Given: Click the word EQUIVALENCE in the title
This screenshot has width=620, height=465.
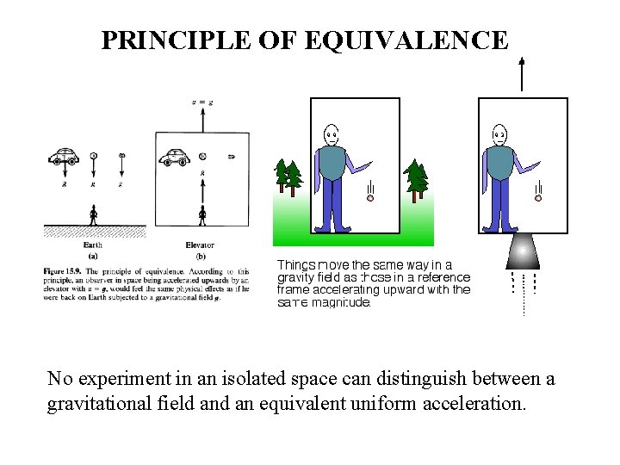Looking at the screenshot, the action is click(x=412, y=40).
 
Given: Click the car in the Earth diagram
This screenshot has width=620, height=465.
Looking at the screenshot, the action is click(x=64, y=157).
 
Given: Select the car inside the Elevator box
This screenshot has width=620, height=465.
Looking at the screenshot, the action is click(x=175, y=157).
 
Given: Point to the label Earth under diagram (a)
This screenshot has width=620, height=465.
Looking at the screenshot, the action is click(x=93, y=245).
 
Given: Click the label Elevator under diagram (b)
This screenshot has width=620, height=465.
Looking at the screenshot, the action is click(x=200, y=245).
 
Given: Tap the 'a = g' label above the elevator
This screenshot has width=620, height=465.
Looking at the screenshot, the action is click(x=202, y=102).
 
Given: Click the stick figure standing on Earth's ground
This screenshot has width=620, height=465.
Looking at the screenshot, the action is click(x=93, y=214).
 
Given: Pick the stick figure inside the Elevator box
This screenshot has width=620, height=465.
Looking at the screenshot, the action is click(x=202, y=214).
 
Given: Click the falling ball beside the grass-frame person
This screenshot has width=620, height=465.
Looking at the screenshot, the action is click(x=370, y=198).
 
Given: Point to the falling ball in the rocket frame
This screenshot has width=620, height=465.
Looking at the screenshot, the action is click(x=537, y=198).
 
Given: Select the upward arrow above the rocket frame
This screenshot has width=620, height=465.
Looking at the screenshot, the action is click(x=522, y=72).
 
